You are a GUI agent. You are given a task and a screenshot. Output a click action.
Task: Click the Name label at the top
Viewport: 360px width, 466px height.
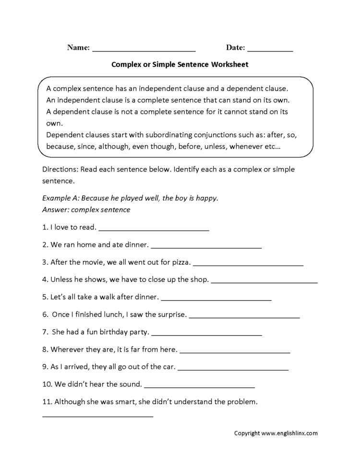coord(78,48)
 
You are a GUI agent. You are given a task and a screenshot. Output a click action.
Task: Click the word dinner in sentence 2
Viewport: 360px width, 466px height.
coord(135,245)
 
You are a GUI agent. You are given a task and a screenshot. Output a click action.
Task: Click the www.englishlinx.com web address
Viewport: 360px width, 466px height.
coord(289,433)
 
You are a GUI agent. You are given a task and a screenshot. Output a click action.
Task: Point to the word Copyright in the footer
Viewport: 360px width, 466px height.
coord(247,433)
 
